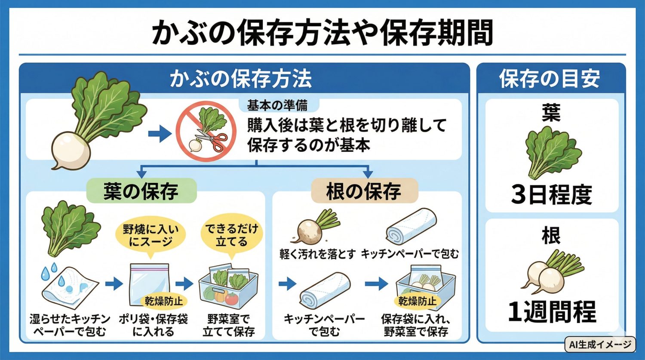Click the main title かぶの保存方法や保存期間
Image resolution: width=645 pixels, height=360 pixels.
pyautogui.click(x=322, y=33)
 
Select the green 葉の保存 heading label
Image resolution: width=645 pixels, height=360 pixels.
pyautogui.click(x=141, y=191)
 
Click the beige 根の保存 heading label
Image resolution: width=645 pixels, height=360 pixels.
pyautogui.click(x=364, y=191)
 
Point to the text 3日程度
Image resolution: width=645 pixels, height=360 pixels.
pyautogui.click(x=551, y=194)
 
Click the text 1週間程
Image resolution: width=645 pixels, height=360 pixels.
pyautogui.click(x=552, y=312)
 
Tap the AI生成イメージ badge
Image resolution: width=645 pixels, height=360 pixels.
pyautogui.click(x=600, y=344)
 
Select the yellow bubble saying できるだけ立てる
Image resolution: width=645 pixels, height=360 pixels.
pyautogui.click(x=231, y=235)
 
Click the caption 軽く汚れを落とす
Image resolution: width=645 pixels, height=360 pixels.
pyautogui.click(x=317, y=254)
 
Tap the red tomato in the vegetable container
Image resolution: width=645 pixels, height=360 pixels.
pyautogui.click(x=231, y=298)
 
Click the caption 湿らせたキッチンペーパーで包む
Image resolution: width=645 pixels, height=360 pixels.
pyautogui.click(x=70, y=325)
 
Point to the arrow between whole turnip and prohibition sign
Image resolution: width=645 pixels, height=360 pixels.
pyautogui.click(x=160, y=134)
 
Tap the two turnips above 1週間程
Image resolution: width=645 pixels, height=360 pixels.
pyautogui.click(x=552, y=271)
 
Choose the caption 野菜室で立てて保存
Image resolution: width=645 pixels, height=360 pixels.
pyautogui.click(x=228, y=325)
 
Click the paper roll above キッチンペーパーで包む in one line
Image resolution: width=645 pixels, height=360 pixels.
pyautogui.click(x=411, y=227)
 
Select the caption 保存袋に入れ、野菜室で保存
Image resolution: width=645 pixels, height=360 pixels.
pyautogui.click(x=416, y=325)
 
